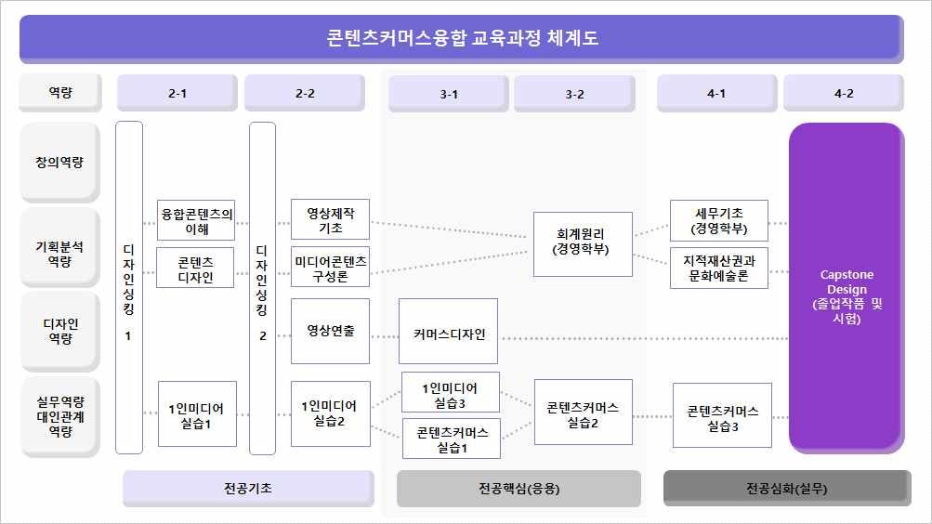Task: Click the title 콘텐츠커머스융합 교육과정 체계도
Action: click(x=461, y=38)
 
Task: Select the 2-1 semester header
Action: click(x=177, y=93)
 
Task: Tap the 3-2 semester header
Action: click(x=573, y=93)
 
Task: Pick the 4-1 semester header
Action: click(x=715, y=93)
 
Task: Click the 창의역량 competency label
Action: click(x=59, y=162)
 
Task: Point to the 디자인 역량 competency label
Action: click(x=59, y=331)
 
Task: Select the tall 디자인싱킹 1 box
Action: click(x=129, y=287)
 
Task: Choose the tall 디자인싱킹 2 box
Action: click(x=262, y=287)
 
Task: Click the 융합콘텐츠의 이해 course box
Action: click(x=195, y=221)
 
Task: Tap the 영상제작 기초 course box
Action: click(x=330, y=220)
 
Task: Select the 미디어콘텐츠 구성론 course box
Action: click(x=330, y=267)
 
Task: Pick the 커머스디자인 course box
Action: click(x=448, y=331)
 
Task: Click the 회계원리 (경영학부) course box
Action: click(x=582, y=243)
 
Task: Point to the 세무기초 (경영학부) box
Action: click(x=718, y=220)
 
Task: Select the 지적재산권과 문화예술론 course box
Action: click(x=718, y=268)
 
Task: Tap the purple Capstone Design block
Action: click(x=846, y=288)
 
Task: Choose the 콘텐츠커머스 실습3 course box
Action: click(x=722, y=415)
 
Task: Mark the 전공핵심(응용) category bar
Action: click(x=519, y=489)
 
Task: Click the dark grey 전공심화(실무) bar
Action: click(x=786, y=489)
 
